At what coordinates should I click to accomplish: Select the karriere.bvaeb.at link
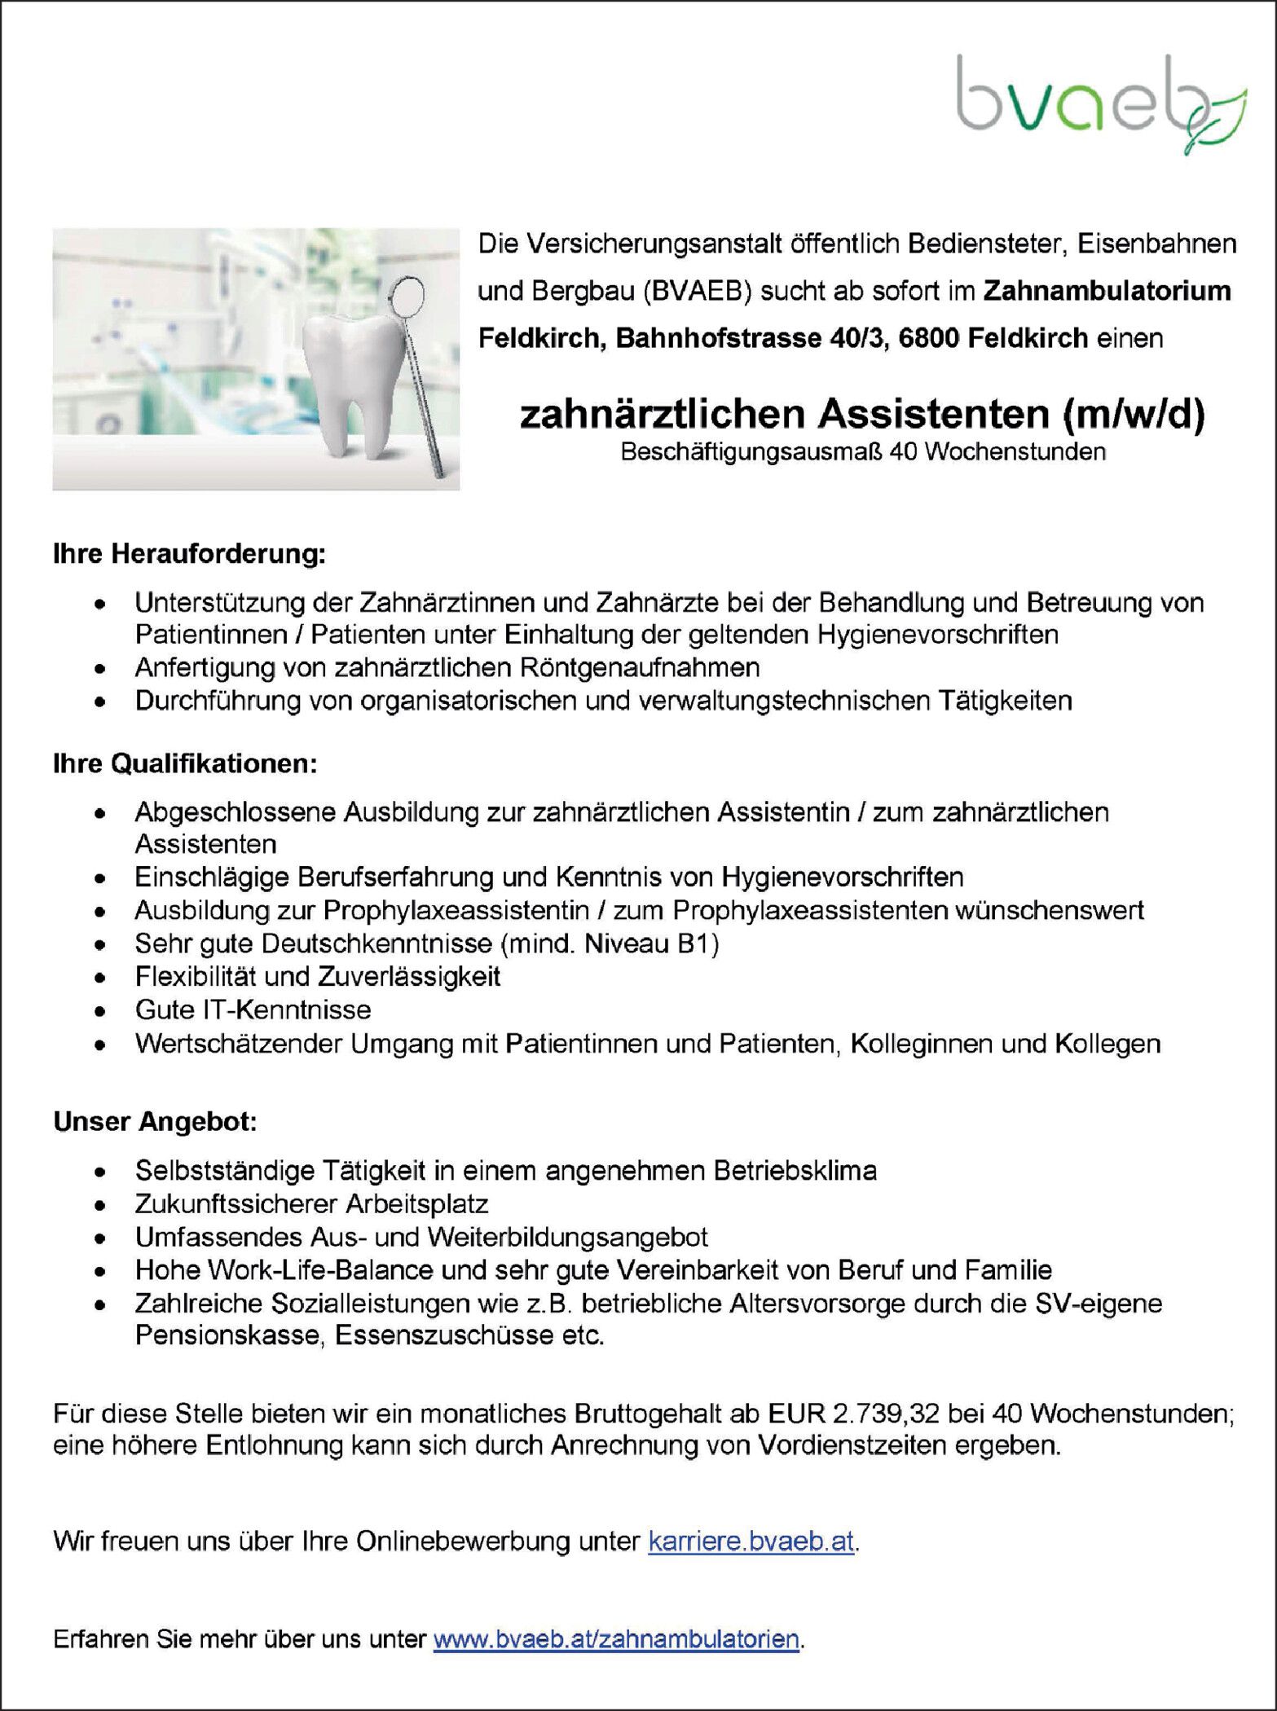click(751, 1541)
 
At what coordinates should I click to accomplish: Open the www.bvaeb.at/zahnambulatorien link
click(616, 1638)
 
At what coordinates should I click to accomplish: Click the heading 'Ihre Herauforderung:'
click(189, 554)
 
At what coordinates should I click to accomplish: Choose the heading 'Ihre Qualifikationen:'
click(185, 763)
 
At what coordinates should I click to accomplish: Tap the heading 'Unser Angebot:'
click(155, 1122)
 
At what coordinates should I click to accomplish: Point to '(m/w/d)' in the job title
click(1133, 414)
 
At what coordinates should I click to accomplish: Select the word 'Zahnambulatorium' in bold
click(1107, 291)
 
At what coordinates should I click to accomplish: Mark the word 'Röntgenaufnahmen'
click(638, 667)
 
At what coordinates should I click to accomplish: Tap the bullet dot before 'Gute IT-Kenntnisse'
click(99, 1011)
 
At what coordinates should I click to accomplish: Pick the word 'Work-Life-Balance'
click(319, 1269)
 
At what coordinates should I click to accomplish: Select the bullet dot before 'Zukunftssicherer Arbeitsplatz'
click(99, 1204)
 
